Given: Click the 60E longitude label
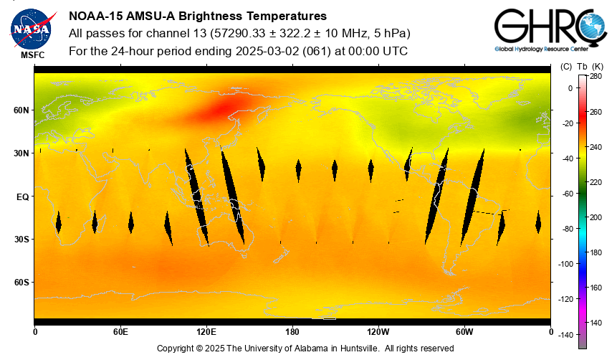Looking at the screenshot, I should pyautogui.click(x=120, y=332).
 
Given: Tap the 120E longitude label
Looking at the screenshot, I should pyautogui.click(x=206, y=332).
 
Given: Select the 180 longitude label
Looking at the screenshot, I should pyautogui.click(x=292, y=332).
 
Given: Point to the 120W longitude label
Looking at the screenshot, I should pyautogui.click(x=378, y=332).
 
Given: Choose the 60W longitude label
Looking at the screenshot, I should pyautogui.click(x=464, y=332).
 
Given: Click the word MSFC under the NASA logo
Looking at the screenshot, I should pyautogui.click(x=31, y=55).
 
